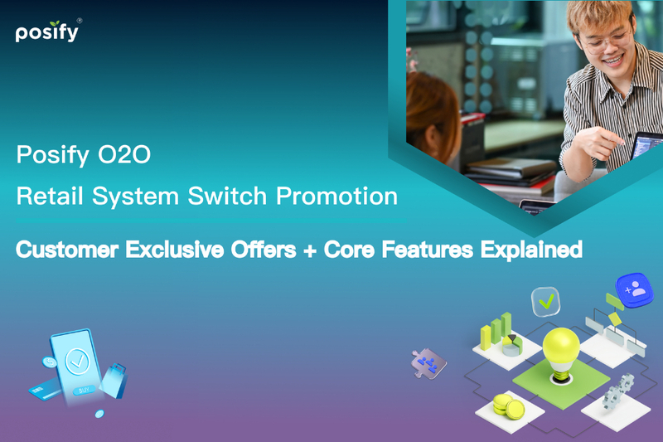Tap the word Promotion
click(336, 197)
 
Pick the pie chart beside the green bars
click(511, 343)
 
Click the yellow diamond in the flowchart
click(614, 318)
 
